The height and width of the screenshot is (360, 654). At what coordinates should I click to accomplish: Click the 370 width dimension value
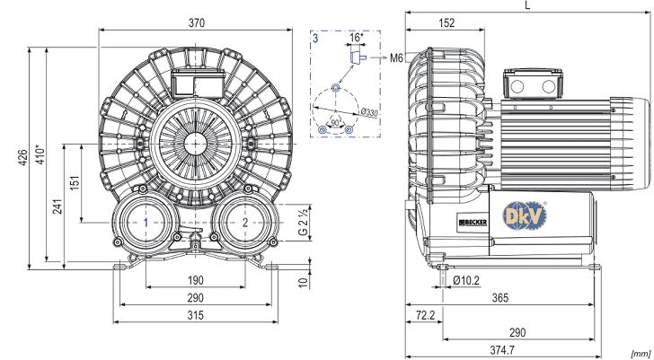[195, 22]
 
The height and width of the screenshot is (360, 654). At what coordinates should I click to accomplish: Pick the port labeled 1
[146, 222]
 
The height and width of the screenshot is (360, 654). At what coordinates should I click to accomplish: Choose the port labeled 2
[244, 222]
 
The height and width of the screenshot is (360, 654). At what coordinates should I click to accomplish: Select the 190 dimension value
[195, 280]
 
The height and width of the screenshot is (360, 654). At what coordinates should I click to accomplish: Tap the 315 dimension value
[195, 315]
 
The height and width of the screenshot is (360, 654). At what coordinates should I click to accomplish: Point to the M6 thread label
[397, 57]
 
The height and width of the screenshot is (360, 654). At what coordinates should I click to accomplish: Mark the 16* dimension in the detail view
[356, 38]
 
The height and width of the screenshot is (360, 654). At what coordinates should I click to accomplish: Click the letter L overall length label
[526, 6]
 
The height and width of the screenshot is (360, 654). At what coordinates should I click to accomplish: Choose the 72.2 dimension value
[426, 315]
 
